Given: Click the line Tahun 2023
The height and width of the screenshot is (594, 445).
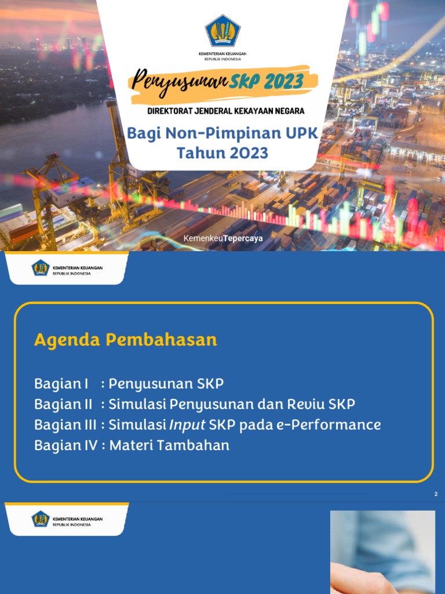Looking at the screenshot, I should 222,153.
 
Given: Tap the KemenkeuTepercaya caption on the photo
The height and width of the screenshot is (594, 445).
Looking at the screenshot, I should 222,239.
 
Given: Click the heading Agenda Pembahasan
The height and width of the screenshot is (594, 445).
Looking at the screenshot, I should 125,339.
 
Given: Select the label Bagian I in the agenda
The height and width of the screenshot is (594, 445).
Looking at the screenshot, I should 61,383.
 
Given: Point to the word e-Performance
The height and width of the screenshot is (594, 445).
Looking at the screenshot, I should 329,425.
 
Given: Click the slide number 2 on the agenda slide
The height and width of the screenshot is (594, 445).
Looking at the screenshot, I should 436,494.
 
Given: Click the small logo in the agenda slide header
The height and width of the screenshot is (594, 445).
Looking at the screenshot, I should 41,268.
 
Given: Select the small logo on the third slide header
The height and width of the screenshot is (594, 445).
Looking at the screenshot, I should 41,519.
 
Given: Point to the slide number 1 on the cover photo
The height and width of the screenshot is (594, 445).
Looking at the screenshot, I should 435,239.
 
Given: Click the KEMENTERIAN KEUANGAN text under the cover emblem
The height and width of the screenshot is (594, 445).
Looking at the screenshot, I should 222,53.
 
